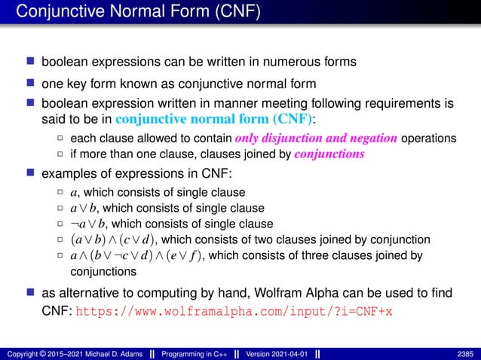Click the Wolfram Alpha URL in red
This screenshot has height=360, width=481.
[x=234, y=310]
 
